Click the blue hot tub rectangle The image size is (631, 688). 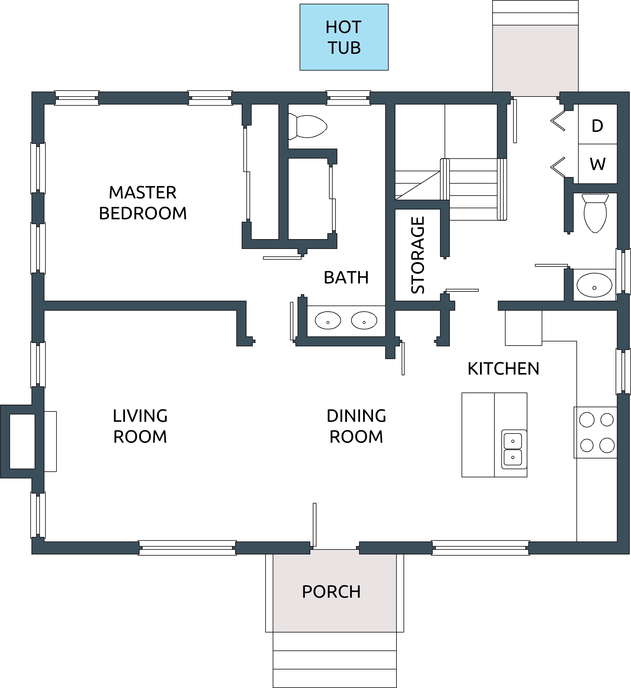[x=344, y=37]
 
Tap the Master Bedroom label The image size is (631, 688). [x=143, y=203]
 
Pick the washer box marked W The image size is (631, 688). [x=598, y=164]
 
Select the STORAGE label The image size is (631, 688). [x=418, y=255]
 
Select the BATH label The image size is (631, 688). [x=346, y=277]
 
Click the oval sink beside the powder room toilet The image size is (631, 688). [x=595, y=285]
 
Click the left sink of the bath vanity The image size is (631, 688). [x=328, y=320]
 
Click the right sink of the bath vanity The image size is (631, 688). [x=364, y=320]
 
